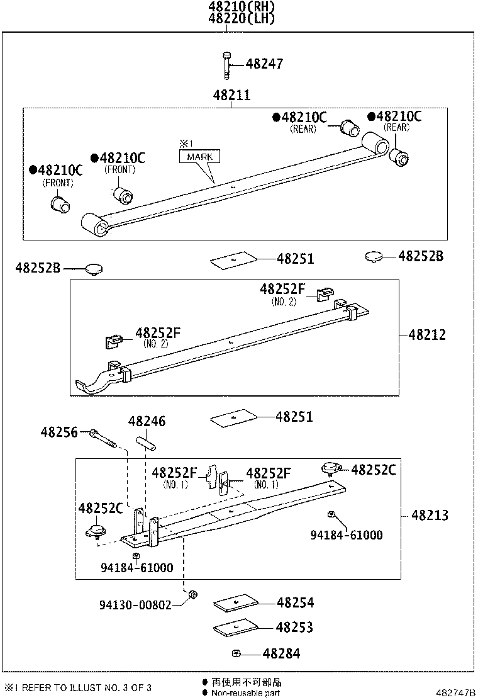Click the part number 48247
[264, 64]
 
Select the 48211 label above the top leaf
[231, 96]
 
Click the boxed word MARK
[200, 156]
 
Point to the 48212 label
[427, 335]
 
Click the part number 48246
[147, 421]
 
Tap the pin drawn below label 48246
[146, 442]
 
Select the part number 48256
[59, 432]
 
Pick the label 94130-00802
[135, 605]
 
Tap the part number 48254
[295, 603]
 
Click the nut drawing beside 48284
[235, 653]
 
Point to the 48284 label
[281, 654]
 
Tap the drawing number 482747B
[455, 692]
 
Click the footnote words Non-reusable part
[246, 693]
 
